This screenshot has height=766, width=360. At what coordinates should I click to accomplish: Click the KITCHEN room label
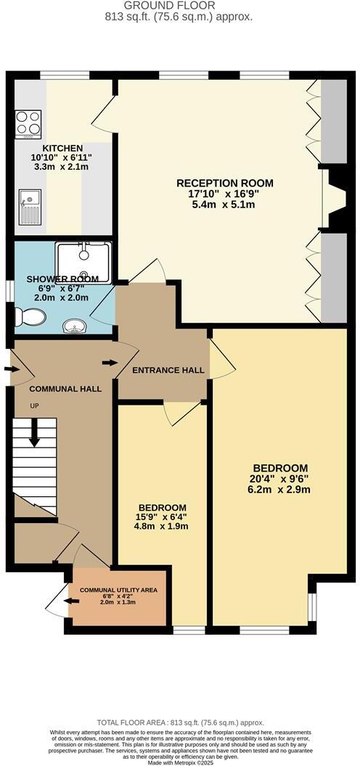(62, 148)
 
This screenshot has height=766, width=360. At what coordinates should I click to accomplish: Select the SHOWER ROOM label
(57, 279)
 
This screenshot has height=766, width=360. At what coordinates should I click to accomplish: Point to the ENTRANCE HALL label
(168, 370)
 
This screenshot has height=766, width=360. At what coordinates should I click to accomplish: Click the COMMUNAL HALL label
(65, 389)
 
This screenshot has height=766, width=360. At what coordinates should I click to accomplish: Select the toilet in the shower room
(29, 316)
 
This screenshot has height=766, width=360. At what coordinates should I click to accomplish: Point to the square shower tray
(83, 261)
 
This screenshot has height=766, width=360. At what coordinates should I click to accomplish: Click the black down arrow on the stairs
(33, 435)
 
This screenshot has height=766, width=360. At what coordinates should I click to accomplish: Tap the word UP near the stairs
(34, 405)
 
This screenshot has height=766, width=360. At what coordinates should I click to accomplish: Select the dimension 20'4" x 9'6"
(280, 479)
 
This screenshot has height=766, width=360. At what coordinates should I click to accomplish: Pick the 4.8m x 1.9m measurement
(163, 527)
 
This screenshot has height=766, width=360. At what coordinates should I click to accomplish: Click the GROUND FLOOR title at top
(179, 6)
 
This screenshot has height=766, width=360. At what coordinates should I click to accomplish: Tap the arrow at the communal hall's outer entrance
(9, 369)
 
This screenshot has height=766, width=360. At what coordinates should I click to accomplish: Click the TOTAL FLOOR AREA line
(180, 724)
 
